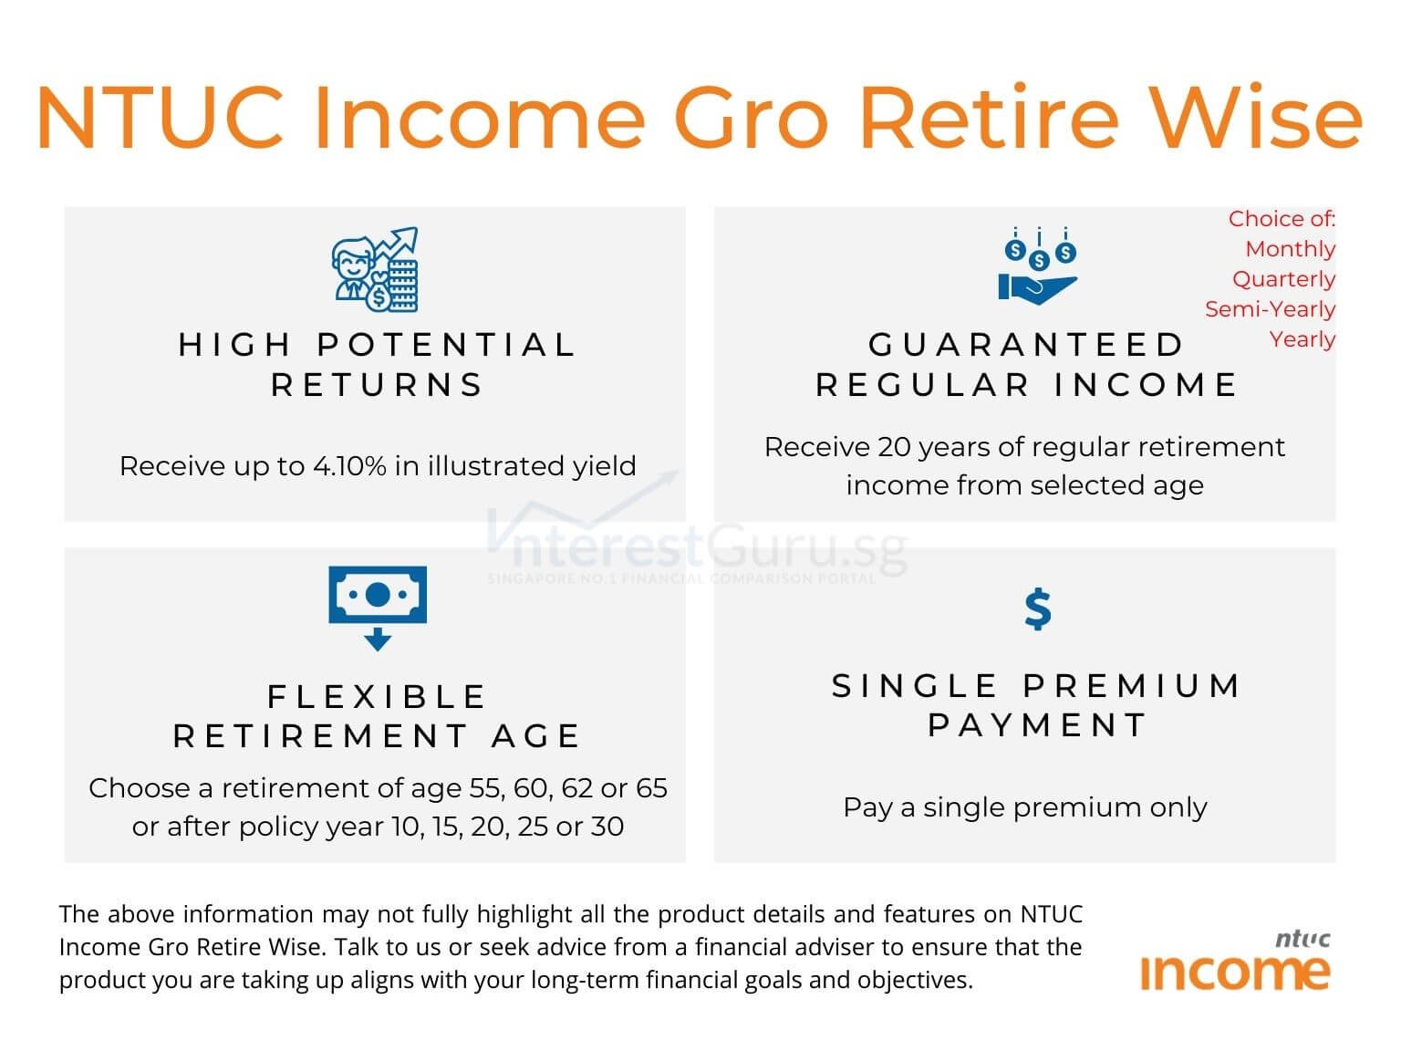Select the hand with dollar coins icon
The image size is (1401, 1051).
coord(1038,266)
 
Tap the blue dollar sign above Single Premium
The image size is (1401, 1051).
coord(1037,609)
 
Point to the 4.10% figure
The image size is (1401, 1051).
coord(349,466)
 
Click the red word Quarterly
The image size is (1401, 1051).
coord(1283,279)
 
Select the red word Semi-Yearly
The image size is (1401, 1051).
coord(1270,309)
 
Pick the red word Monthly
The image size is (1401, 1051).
coord(1290,249)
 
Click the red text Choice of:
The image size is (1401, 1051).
coord(1281,219)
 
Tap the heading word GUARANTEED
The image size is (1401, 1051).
coord(1026,345)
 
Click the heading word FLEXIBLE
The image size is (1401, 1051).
coord(377,697)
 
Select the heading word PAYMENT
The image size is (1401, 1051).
coord(1037,725)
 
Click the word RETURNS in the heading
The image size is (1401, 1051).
coord(377,385)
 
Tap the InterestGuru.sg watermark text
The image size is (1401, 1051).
coord(698,547)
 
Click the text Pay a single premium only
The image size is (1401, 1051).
coord(1024,807)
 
